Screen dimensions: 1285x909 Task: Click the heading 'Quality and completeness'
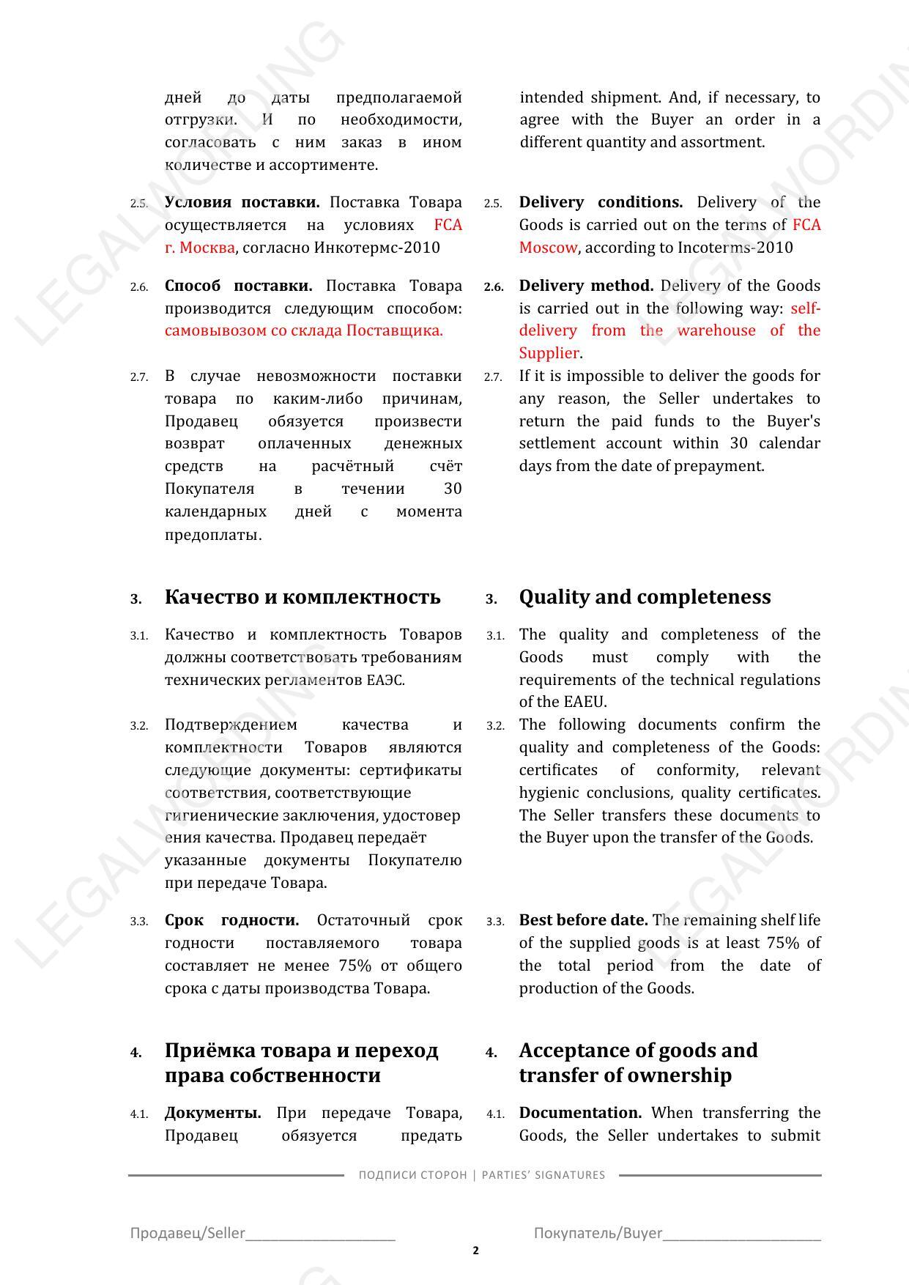[645, 597]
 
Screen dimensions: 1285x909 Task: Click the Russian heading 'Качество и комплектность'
[303, 597]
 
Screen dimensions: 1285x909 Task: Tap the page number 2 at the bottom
[476, 1250]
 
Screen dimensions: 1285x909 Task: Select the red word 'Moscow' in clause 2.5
[548, 248]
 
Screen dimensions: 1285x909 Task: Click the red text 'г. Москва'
[199, 248]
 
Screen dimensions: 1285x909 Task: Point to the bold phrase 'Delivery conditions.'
[601, 202]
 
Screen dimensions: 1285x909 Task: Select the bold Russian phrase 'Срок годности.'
[231, 920]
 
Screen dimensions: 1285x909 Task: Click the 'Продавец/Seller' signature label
[188, 1233]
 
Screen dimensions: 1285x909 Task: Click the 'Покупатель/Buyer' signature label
[598, 1233]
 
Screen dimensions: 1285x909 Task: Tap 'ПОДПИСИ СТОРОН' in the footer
[412, 1175]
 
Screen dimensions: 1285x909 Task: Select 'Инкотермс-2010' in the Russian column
[376, 248]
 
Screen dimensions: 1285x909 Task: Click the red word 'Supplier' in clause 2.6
[549, 353]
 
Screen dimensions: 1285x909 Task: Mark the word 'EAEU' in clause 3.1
[584, 702]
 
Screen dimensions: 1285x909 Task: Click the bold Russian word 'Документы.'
[212, 1113]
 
